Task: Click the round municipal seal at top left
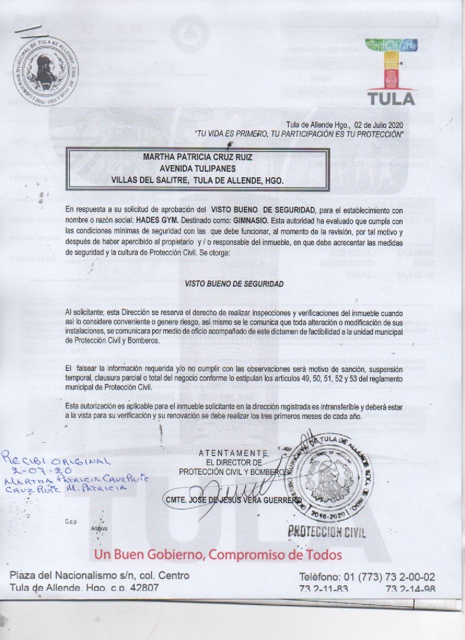[x=45, y=72]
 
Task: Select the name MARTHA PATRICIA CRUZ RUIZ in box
[x=197, y=157]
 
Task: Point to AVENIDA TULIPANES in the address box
[x=197, y=168]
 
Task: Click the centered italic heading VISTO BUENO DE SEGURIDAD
[x=234, y=284]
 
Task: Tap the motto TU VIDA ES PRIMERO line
[x=299, y=133]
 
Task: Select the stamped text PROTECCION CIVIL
[x=327, y=531]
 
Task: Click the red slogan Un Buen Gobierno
[x=218, y=555]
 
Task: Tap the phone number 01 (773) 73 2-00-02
[x=367, y=577]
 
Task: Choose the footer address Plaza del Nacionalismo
[x=100, y=575]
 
